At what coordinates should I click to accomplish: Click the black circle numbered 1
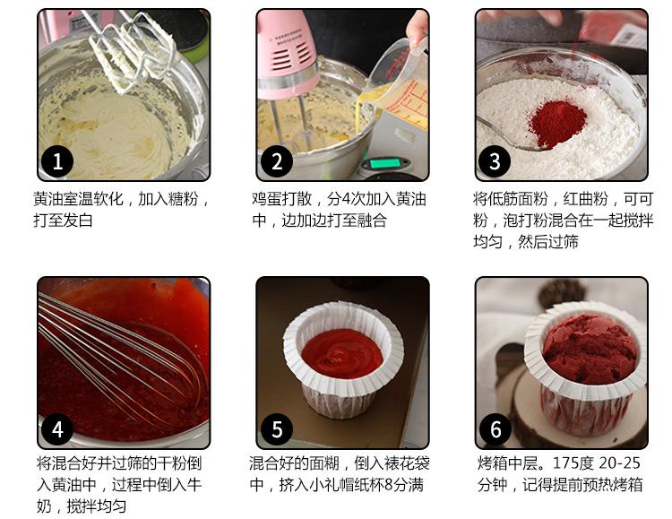pyautogui.click(x=57, y=161)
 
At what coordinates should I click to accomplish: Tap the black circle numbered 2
pyautogui.click(x=277, y=161)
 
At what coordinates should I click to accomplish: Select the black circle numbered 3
pyautogui.click(x=495, y=161)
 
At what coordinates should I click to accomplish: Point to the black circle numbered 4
pyautogui.click(x=57, y=429)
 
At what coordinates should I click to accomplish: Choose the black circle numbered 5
pyautogui.click(x=277, y=429)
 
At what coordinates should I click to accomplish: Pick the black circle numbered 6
pyautogui.click(x=495, y=429)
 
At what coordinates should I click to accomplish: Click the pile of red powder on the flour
pyautogui.click(x=556, y=123)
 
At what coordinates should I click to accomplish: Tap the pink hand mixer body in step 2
pyautogui.click(x=286, y=51)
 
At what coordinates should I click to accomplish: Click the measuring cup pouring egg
pyautogui.click(x=400, y=83)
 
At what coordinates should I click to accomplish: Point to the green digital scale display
pyautogui.click(x=384, y=163)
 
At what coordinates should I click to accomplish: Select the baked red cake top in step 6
pyautogui.click(x=590, y=349)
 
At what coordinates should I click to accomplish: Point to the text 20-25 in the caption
pyautogui.click(x=619, y=463)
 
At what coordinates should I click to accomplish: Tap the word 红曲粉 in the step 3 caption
pyautogui.click(x=585, y=199)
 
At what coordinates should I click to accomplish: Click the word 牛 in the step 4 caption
pyautogui.click(x=194, y=485)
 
